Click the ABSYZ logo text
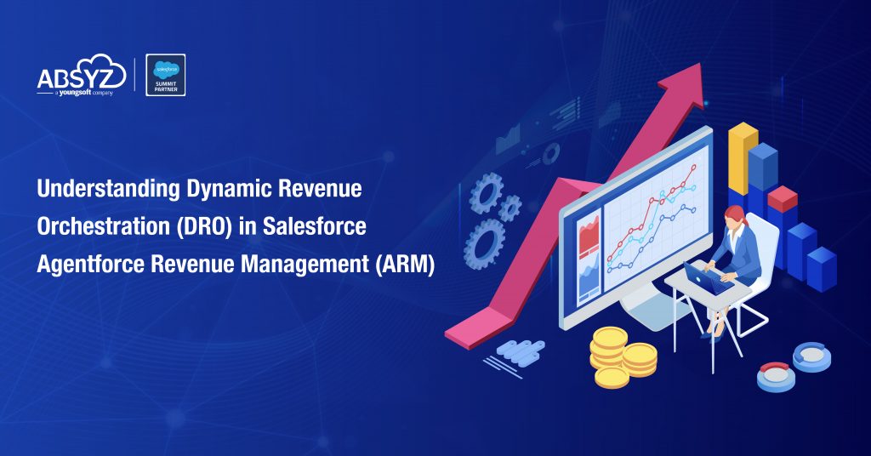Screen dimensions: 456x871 81,78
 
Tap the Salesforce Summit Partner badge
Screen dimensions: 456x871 166,75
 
